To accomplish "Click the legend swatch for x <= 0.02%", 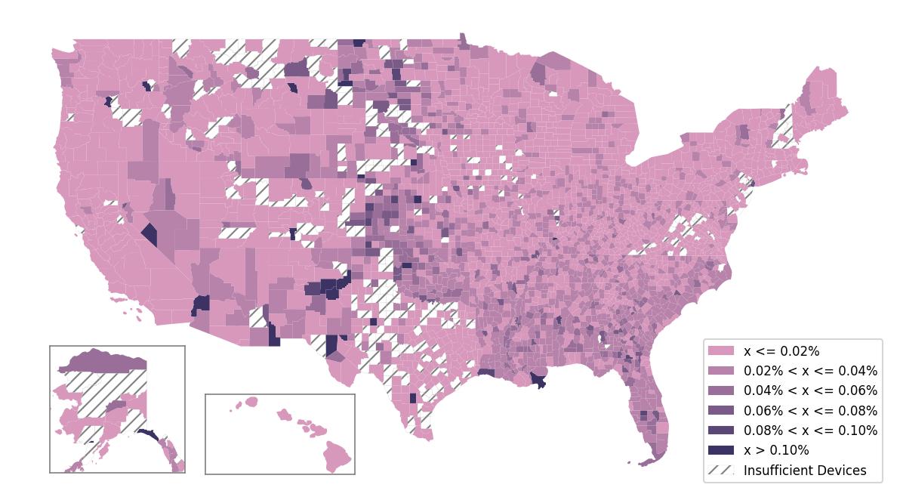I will coord(720,351).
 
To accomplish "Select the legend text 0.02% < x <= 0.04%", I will coord(810,371).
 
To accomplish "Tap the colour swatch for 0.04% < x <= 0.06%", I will coord(720,390).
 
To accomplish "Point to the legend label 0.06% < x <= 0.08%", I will coord(810,411).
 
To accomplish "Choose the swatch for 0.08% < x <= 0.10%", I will coord(720,431).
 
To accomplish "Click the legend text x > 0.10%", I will coord(776,450).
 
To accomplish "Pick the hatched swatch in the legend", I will coord(720,470).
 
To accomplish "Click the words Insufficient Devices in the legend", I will coord(805,471).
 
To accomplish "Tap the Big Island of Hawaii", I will coord(337,455).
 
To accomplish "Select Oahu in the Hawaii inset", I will coord(284,415).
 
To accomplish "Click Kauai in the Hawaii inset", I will coord(251,402).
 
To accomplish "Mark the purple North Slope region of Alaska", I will coord(102,360).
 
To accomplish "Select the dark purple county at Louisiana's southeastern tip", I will coord(539,380).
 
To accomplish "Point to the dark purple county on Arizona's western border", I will coord(201,304).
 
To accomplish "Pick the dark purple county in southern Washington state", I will coord(108,101).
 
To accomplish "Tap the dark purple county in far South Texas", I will coord(412,398).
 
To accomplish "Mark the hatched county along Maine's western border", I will coord(784,128).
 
